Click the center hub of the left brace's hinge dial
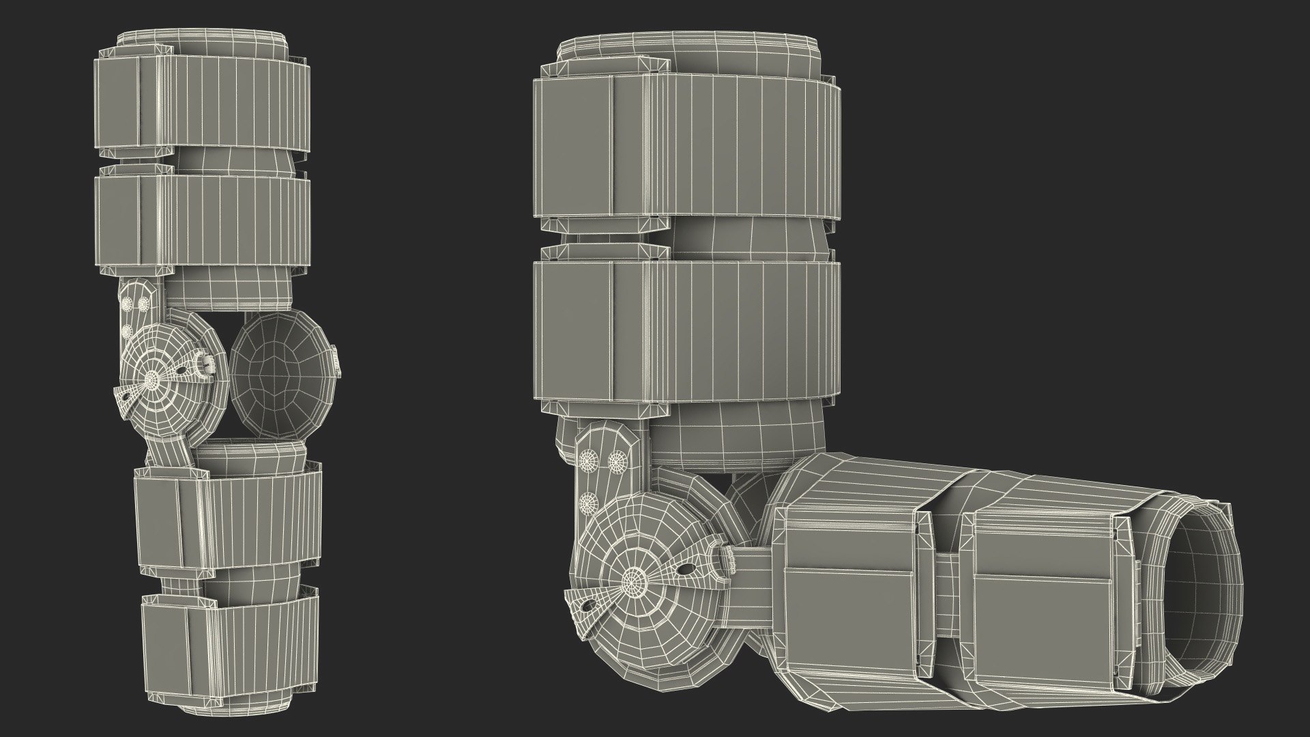[x=152, y=376]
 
